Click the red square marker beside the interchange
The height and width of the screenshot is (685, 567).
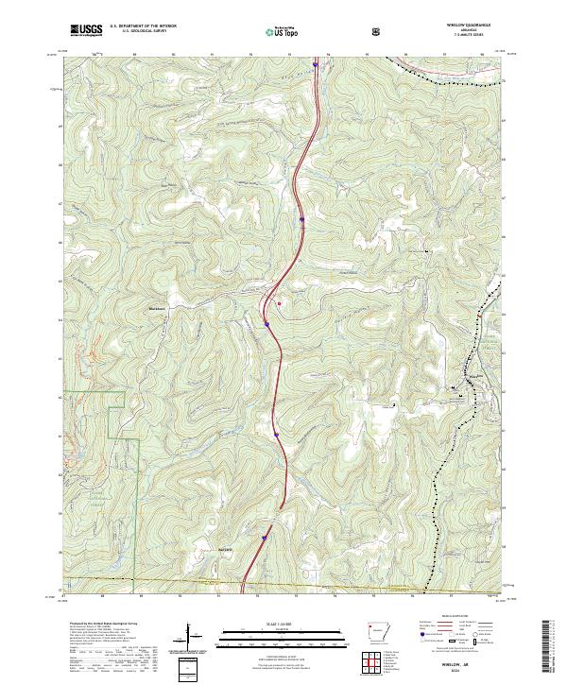[279, 303]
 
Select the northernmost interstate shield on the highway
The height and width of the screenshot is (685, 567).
[301, 220]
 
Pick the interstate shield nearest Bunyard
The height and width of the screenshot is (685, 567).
[265, 538]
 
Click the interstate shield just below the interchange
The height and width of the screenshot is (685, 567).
[267, 324]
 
